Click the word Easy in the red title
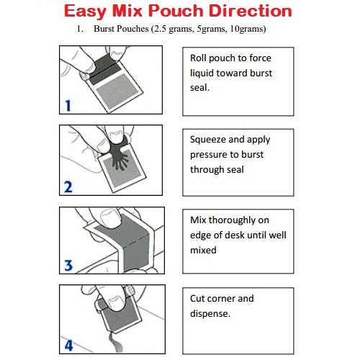tap(90, 12)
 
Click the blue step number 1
tap(68, 106)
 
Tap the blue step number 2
tap(68, 187)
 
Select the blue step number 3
tap(68, 266)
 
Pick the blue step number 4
tap(68, 344)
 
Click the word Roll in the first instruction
tap(200, 58)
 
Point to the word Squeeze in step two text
tap(209, 140)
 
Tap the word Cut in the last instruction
tap(199, 298)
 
